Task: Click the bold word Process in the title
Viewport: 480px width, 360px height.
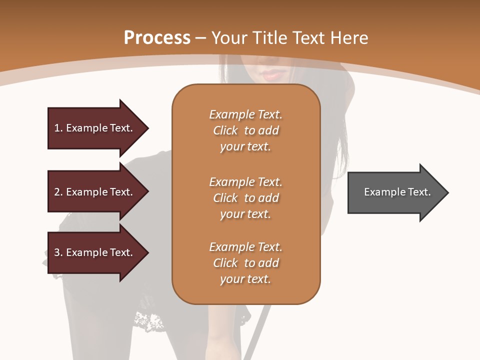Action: pyautogui.click(x=157, y=38)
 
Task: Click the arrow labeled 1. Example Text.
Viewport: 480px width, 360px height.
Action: pyautogui.click(x=95, y=128)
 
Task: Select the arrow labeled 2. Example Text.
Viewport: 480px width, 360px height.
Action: pyautogui.click(x=95, y=192)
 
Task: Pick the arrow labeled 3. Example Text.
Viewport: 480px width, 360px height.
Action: pyautogui.click(x=95, y=252)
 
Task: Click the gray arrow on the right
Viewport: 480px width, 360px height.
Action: pyautogui.click(x=395, y=192)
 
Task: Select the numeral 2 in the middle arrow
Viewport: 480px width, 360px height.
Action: pyautogui.click(x=57, y=192)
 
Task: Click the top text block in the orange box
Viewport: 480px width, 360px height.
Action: pyautogui.click(x=245, y=130)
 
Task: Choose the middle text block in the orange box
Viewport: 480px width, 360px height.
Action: pyautogui.click(x=245, y=198)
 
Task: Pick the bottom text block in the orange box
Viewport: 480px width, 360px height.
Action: pyautogui.click(x=245, y=263)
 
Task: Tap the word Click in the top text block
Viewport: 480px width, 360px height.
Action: pyautogui.click(x=225, y=130)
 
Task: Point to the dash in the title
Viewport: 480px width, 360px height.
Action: pyautogui.click(x=201, y=38)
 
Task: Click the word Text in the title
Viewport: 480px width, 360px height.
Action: pyautogui.click(x=307, y=38)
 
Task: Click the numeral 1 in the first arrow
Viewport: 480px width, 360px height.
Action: pyautogui.click(x=57, y=128)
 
